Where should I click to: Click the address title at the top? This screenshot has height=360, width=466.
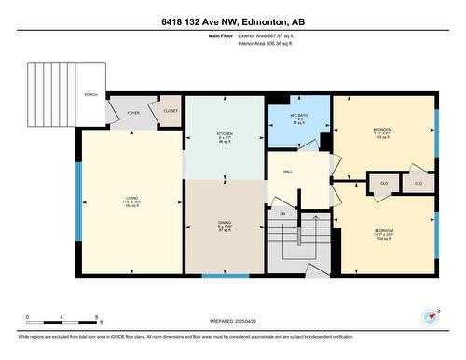click(232, 21)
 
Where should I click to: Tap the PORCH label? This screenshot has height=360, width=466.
click(90, 95)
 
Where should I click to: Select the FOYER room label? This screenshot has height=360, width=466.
click(133, 113)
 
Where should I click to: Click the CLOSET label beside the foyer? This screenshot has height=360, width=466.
click(170, 111)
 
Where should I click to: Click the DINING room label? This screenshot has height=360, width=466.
click(225, 222)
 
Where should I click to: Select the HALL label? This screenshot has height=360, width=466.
click(290, 172)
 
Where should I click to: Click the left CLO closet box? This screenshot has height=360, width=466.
click(383, 184)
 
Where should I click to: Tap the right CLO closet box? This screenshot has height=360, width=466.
click(418, 184)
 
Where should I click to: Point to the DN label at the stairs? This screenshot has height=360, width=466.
click(281, 214)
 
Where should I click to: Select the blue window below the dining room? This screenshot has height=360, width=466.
click(226, 276)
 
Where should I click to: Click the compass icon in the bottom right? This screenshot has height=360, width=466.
click(430, 316)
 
